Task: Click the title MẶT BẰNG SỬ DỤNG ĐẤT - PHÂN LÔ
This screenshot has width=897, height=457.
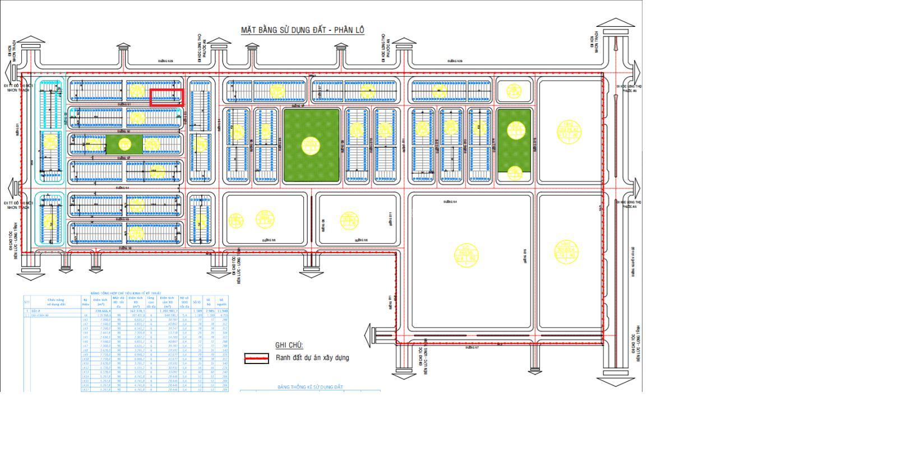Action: pyautogui.click(x=303, y=30)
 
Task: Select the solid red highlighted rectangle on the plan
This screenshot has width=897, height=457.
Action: pyautogui.click(x=167, y=97)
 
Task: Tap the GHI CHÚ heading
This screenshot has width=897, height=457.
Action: pyautogui.click(x=289, y=345)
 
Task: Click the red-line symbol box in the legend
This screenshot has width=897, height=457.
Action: pyautogui.click(x=256, y=358)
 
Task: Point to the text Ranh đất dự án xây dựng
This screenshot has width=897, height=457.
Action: pyautogui.click(x=312, y=358)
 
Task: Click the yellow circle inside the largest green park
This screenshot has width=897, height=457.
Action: pyautogui.click(x=311, y=146)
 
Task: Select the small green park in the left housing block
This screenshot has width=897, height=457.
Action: pyautogui.click(x=124, y=144)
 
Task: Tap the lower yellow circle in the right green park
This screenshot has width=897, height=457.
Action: pyautogui.click(x=514, y=173)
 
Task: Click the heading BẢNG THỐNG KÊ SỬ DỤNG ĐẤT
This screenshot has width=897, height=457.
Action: pyautogui.click(x=310, y=387)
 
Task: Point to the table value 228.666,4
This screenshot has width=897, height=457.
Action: pyautogui.click(x=102, y=311)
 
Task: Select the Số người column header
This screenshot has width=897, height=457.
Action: pyautogui.click(x=222, y=302)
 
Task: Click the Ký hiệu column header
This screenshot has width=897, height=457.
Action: pyautogui.click(x=86, y=302)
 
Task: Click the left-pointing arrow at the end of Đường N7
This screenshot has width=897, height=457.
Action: pyautogui.click(x=369, y=337)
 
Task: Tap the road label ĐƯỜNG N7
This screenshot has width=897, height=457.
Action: pyautogui.click(x=472, y=348)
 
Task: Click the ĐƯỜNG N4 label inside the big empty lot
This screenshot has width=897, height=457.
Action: pyautogui.click(x=450, y=202)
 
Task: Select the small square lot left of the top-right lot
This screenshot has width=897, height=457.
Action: pyautogui.click(x=514, y=91)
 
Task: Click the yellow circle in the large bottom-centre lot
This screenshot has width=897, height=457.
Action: pyautogui.click(x=466, y=255)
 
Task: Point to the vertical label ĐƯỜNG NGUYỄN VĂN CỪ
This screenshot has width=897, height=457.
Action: pyautogui.click(x=633, y=260)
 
